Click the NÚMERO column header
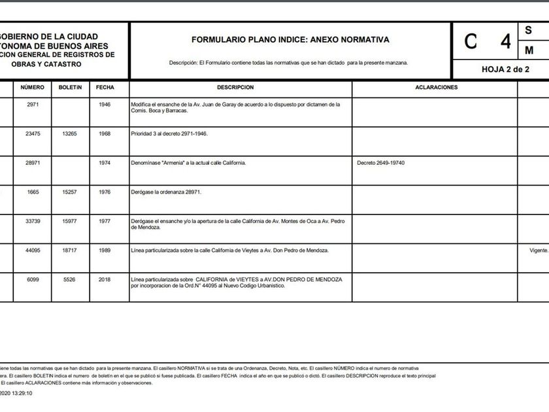pyautogui.click(x=32, y=87)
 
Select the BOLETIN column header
pyautogui.click(x=70, y=87)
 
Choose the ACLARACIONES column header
pyautogui.click(x=437, y=87)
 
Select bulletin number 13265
pyautogui.click(x=70, y=133)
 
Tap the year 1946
pyautogui.click(x=105, y=104)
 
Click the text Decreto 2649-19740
pyautogui.click(x=382, y=163)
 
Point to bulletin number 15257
pyautogui.click(x=70, y=192)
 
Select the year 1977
pyautogui.click(x=105, y=221)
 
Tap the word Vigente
pyautogui.click(x=539, y=250)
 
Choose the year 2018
pyautogui.click(x=105, y=279)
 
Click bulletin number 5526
pyautogui.click(x=70, y=279)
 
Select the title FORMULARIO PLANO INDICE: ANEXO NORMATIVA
pyautogui.click(x=290, y=40)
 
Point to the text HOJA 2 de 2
pyautogui.click(x=505, y=69)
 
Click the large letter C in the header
pyautogui.click(x=471, y=41)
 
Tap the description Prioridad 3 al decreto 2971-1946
pyautogui.click(x=170, y=133)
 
